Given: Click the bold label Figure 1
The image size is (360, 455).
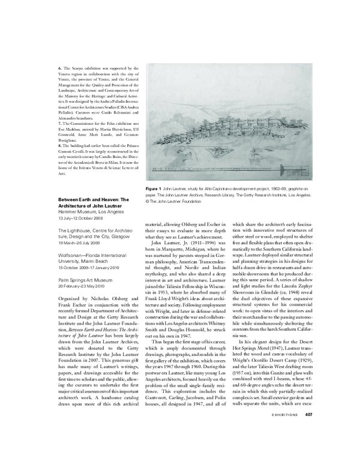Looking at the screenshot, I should pos(157,188).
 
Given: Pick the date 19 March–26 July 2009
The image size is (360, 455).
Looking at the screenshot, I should pos(83,243).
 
